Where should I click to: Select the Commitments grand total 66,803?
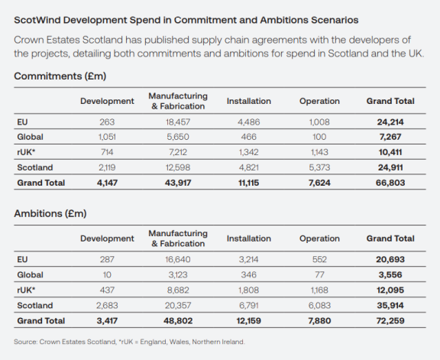[x=390, y=183]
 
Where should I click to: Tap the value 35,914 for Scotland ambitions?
[x=390, y=305]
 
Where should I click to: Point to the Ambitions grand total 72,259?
[x=390, y=320]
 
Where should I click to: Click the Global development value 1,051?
[x=107, y=137]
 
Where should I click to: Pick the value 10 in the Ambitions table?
[x=107, y=274]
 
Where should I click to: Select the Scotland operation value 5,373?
[x=318, y=167]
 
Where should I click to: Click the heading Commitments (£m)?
[x=60, y=76]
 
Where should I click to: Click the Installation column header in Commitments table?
[x=248, y=101]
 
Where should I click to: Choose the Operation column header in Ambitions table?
[x=318, y=238]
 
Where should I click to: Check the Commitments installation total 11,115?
[x=248, y=183]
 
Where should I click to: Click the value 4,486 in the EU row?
[x=248, y=122]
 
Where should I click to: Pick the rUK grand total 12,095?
[x=390, y=290]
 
